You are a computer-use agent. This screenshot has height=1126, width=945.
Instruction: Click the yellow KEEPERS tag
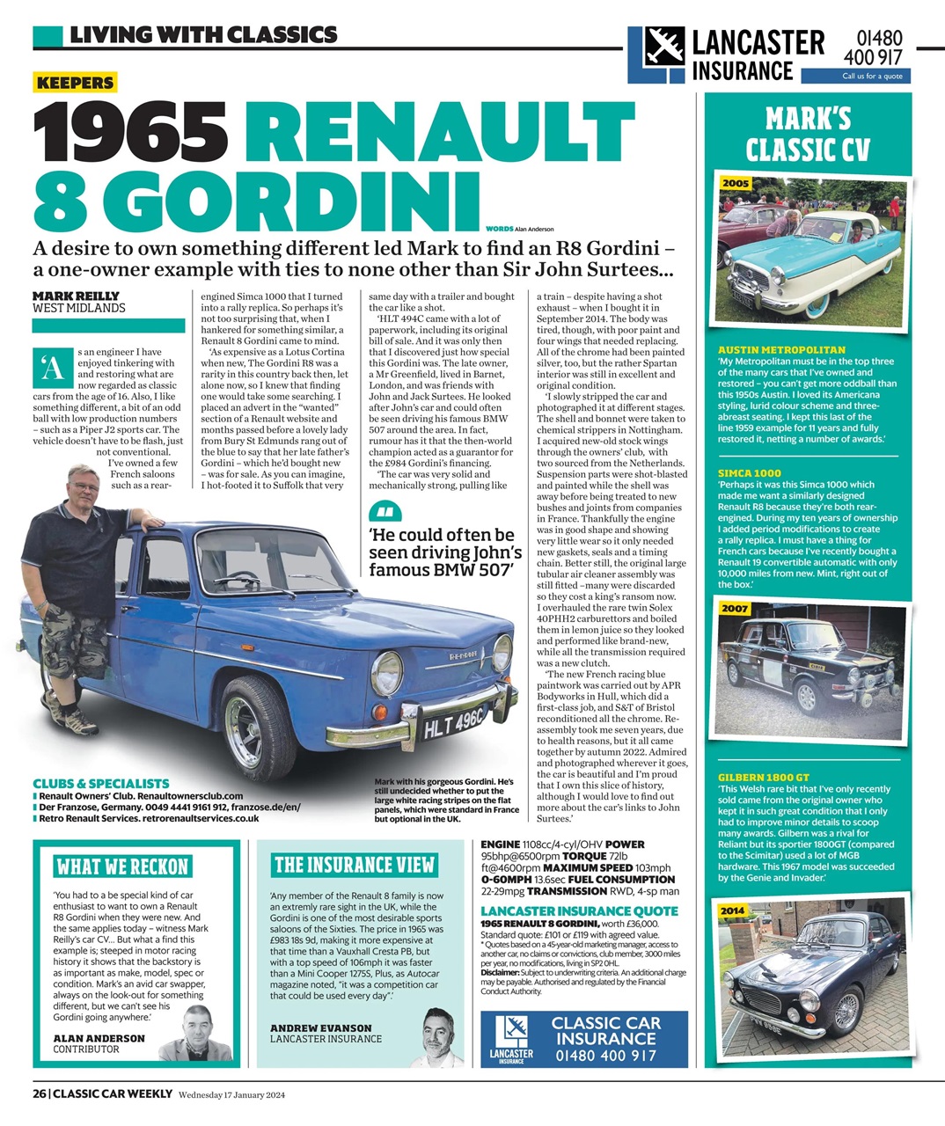[75, 84]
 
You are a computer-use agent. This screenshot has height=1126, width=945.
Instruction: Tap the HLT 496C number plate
[453, 720]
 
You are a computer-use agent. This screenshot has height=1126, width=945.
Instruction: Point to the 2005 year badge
[736, 183]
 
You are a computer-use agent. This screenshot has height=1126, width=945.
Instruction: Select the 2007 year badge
[736, 609]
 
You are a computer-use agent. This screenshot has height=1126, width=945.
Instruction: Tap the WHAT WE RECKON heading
[122, 866]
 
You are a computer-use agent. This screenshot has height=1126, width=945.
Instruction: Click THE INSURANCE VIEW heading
[354, 865]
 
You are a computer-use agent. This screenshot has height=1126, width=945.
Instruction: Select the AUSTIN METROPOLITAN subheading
[781, 350]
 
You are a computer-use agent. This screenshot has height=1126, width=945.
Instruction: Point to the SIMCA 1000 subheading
[749, 473]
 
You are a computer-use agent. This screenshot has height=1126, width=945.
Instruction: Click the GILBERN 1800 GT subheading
[763, 778]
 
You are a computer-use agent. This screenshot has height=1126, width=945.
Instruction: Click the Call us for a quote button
[871, 77]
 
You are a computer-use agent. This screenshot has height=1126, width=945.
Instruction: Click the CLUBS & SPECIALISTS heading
[101, 783]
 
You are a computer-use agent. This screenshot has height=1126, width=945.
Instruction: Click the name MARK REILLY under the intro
[76, 296]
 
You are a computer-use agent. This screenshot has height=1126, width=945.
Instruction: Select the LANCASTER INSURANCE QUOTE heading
[580, 910]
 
